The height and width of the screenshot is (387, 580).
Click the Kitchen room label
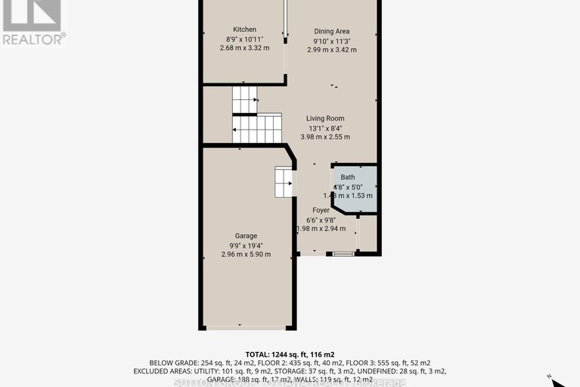pos(245,30)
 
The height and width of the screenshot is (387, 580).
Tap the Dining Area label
pos(332,31)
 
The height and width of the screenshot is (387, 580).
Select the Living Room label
pos(325,118)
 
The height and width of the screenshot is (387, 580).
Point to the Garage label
pos(245,236)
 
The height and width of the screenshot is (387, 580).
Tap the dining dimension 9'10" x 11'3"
pos(332,41)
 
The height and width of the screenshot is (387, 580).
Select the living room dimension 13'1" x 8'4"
pos(325,128)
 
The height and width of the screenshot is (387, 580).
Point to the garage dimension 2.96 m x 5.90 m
pos(245,254)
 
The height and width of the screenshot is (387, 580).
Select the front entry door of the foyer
pos(343,254)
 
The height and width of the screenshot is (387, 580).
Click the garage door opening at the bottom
pos(245,327)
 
